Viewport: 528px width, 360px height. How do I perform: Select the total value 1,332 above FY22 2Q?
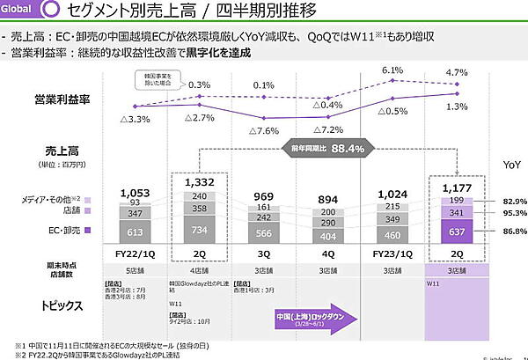(202, 180)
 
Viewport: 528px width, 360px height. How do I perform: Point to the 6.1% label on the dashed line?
(392, 71)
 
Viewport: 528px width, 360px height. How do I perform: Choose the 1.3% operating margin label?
(456, 107)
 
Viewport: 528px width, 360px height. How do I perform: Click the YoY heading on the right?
(511, 165)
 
